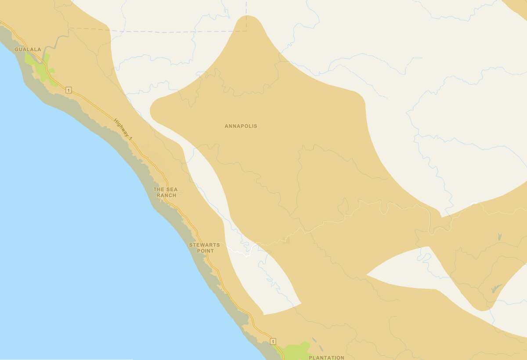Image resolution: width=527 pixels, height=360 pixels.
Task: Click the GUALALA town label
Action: click(28, 49)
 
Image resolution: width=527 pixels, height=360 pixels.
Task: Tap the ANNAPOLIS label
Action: click(241, 126)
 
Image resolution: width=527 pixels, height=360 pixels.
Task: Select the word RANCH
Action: click(166, 195)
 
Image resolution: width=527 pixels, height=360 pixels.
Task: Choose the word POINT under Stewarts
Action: click(206, 251)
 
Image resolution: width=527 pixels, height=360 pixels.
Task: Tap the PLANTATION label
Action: click(326, 357)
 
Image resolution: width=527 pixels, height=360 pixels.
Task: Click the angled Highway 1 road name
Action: click(123, 129)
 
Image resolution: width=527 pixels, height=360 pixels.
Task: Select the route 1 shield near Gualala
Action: click(69, 90)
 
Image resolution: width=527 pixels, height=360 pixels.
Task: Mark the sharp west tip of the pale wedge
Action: click(367, 275)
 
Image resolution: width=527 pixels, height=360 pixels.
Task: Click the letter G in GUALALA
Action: click(16, 49)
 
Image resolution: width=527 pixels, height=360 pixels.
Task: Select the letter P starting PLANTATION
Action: click(310, 357)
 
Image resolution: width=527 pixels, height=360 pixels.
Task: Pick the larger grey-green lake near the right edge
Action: click(495, 288)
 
